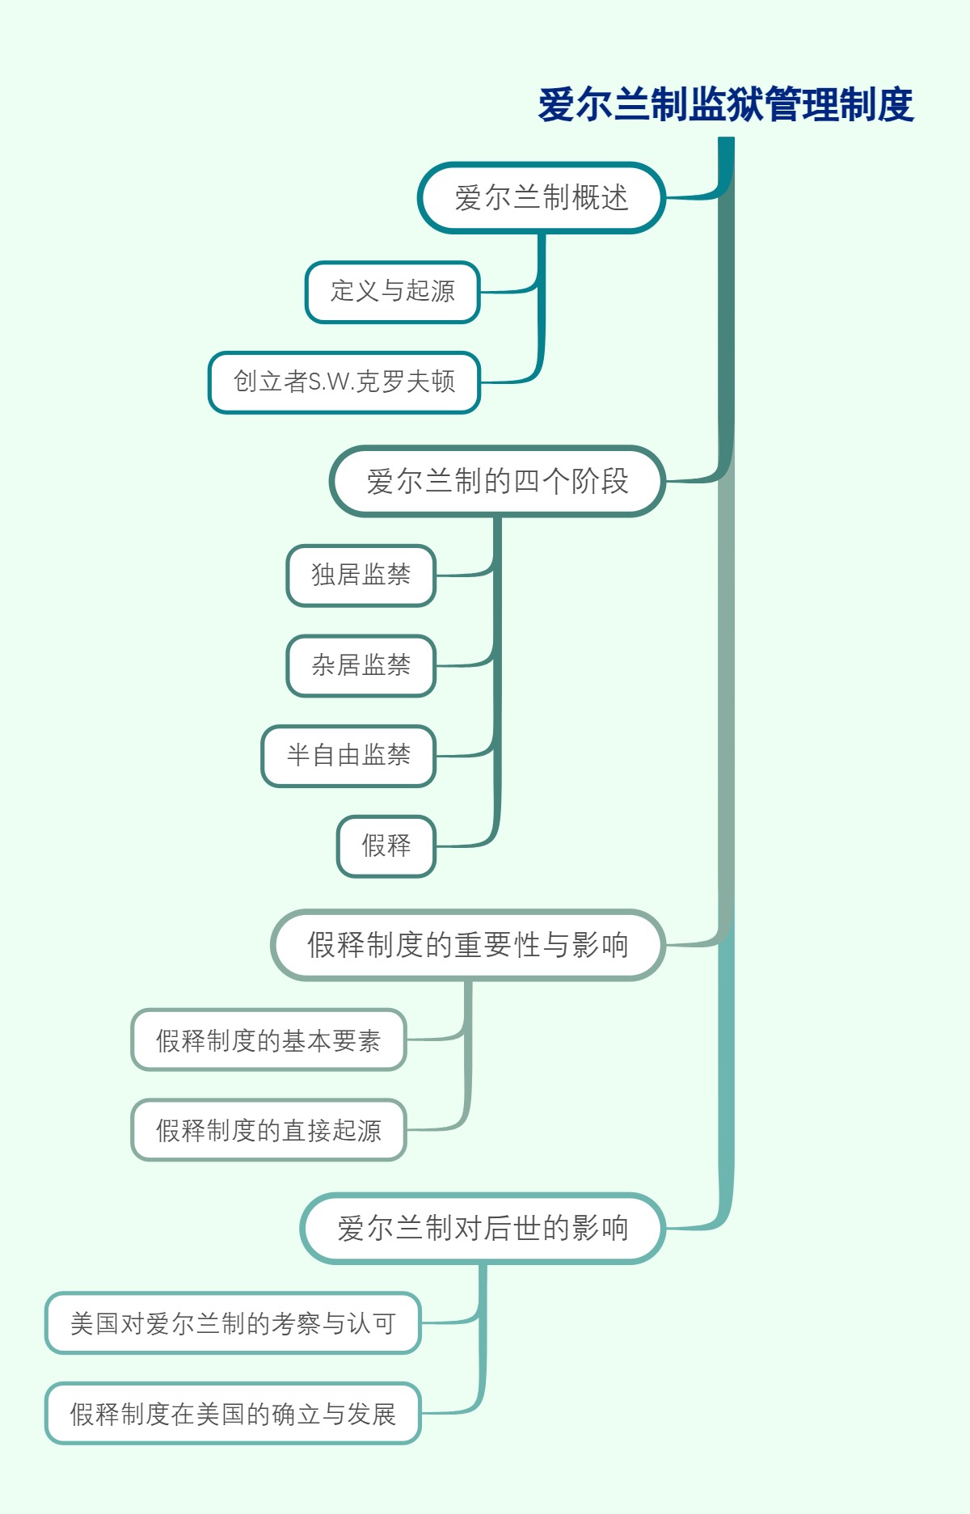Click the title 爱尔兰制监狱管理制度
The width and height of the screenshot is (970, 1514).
(x=725, y=105)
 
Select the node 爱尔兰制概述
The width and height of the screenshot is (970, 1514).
(x=541, y=198)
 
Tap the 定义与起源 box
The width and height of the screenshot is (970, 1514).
(x=393, y=292)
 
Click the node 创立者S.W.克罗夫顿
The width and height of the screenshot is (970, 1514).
(x=344, y=382)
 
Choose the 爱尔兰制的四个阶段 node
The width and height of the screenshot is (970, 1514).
(x=497, y=482)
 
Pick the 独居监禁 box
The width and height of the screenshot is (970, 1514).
(x=361, y=576)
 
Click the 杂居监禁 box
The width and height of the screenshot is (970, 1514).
(x=361, y=666)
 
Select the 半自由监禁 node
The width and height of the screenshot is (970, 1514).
(x=348, y=757)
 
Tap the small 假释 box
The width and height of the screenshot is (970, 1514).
(x=386, y=846)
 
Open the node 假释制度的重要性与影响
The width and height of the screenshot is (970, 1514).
(x=468, y=945)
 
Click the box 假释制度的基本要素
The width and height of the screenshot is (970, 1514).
(x=268, y=1040)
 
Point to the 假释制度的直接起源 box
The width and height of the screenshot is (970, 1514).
(x=268, y=1130)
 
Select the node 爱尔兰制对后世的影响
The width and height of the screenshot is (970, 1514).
(x=483, y=1229)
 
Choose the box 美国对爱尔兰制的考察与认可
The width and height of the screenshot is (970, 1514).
(x=233, y=1323)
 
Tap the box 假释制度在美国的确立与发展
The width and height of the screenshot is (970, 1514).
(x=233, y=1414)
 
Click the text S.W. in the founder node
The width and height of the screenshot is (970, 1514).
(x=331, y=382)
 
